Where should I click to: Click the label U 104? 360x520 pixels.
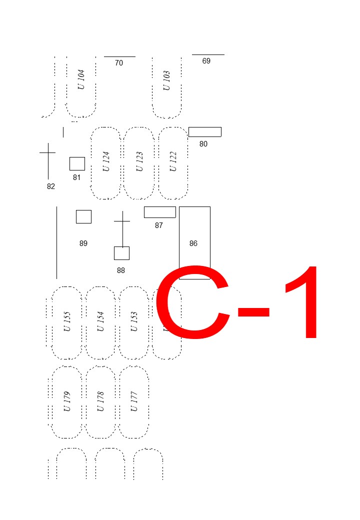click(x=81, y=79)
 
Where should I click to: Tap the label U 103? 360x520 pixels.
click(x=166, y=80)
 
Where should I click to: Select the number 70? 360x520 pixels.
click(x=119, y=63)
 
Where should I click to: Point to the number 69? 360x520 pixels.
click(x=206, y=61)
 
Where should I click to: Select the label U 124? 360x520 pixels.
click(x=106, y=161)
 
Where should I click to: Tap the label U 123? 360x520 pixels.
click(x=139, y=161)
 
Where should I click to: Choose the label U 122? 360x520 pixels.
click(x=173, y=161)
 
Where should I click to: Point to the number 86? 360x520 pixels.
click(x=193, y=243)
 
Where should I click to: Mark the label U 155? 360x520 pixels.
click(x=67, y=321)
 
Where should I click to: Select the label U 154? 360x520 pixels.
click(x=100, y=321)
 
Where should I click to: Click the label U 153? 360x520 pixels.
click(x=134, y=321)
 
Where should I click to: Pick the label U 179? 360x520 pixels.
click(x=67, y=401)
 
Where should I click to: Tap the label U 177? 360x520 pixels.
click(x=134, y=401)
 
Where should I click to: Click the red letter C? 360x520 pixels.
click(x=158, y=302)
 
